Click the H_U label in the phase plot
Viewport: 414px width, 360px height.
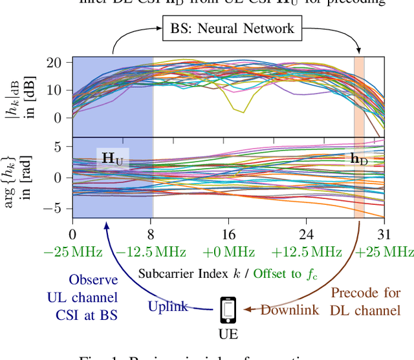(x=113, y=158)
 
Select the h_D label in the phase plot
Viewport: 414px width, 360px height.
(x=358, y=158)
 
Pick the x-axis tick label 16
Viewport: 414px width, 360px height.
(x=228, y=234)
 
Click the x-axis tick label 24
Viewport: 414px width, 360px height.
(x=306, y=234)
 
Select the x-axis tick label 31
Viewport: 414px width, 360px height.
(x=384, y=234)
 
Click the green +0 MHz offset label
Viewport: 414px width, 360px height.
(x=228, y=251)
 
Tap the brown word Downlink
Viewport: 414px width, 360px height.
(x=289, y=310)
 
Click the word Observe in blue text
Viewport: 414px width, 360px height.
(x=95, y=280)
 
